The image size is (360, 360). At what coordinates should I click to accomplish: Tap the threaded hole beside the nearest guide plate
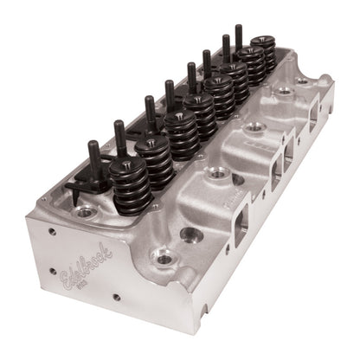(84, 211)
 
